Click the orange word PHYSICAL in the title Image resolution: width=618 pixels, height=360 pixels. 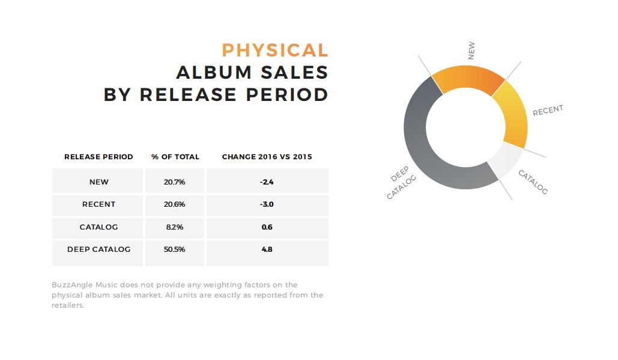[274, 50]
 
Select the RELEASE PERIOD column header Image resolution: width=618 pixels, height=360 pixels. [98, 157]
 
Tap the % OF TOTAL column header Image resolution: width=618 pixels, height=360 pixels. [175, 157]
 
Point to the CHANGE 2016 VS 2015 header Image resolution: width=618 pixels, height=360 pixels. [267, 157]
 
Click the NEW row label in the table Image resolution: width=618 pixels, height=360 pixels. [98, 182]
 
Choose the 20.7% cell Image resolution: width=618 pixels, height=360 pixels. [175, 182]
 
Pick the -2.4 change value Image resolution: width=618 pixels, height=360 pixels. [267, 182]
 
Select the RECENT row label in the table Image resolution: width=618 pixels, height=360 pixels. [98, 204]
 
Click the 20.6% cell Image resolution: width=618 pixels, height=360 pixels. [175, 204]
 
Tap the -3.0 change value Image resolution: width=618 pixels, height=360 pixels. [267, 204]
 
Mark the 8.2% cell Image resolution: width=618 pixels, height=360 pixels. [175, 227]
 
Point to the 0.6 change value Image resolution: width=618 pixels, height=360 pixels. [267, 227]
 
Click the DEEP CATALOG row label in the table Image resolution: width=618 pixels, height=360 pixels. [98, 249]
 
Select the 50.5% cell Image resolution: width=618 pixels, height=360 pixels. [175, 249]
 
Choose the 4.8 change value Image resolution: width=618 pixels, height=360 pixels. [267, 249]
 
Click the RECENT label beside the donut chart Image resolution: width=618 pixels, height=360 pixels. [548, 111]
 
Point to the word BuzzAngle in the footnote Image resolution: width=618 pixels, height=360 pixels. [72, 285]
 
